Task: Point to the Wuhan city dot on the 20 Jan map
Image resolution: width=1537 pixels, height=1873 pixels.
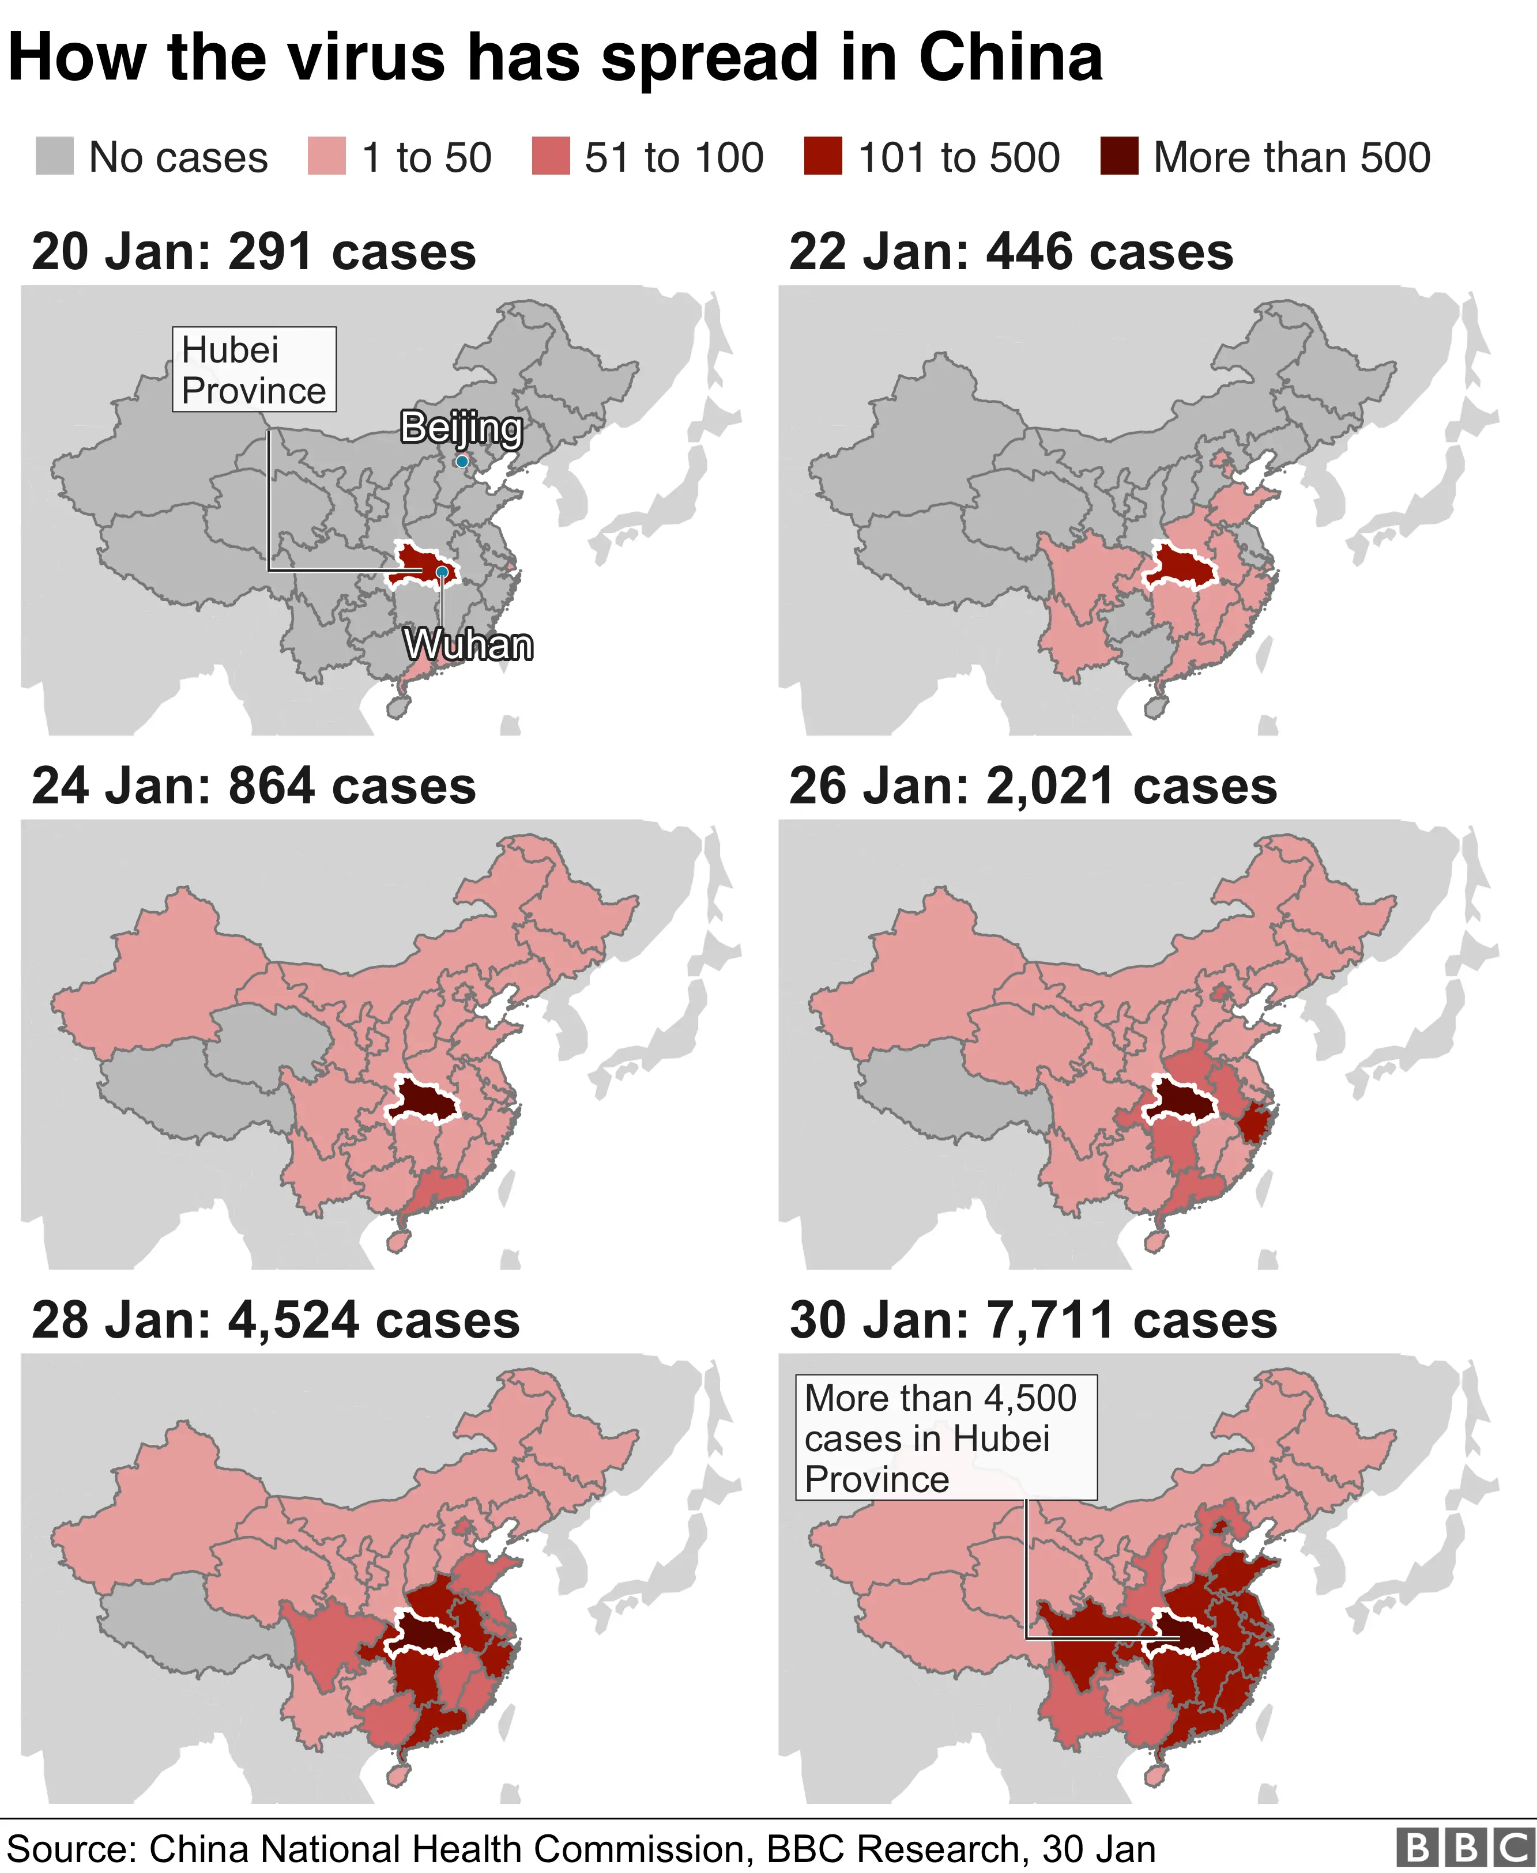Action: pyautogui.click(x=442, y=572)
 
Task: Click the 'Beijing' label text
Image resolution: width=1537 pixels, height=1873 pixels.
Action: pyautogui.click(x=461, y=428)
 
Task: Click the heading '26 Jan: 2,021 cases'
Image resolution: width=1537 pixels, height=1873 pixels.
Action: pyautogui.click(x=1033, y=786)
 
